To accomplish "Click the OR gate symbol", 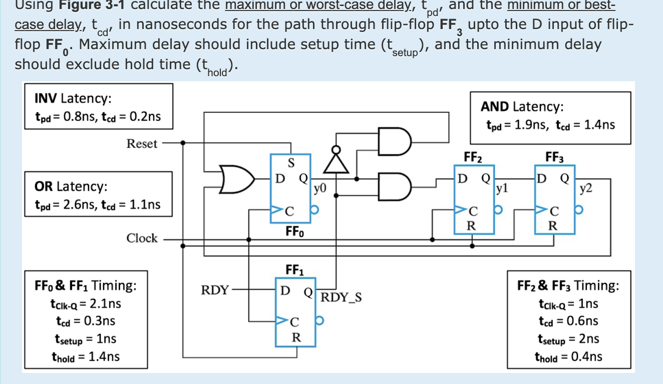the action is [x=237, y=179].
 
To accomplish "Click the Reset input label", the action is [x=142, y=144].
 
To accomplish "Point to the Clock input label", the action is [x=142, y=238].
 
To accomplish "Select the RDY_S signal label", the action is [x=342, y=297].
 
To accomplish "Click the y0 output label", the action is [x=320, y=188].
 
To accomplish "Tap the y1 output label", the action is [x=502, y=188].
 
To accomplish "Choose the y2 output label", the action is [x=586, y=188].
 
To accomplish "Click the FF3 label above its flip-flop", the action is [x=554, y=157].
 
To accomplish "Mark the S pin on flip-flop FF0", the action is [x=291, y=162].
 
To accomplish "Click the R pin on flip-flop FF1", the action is [x=296, y=337].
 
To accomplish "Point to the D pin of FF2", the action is [x=463, y=178].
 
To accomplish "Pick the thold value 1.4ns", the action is [x=104, y=356].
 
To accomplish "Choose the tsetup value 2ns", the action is [x=589, y=339].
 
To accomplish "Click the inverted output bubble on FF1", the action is [x=319, y=320].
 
